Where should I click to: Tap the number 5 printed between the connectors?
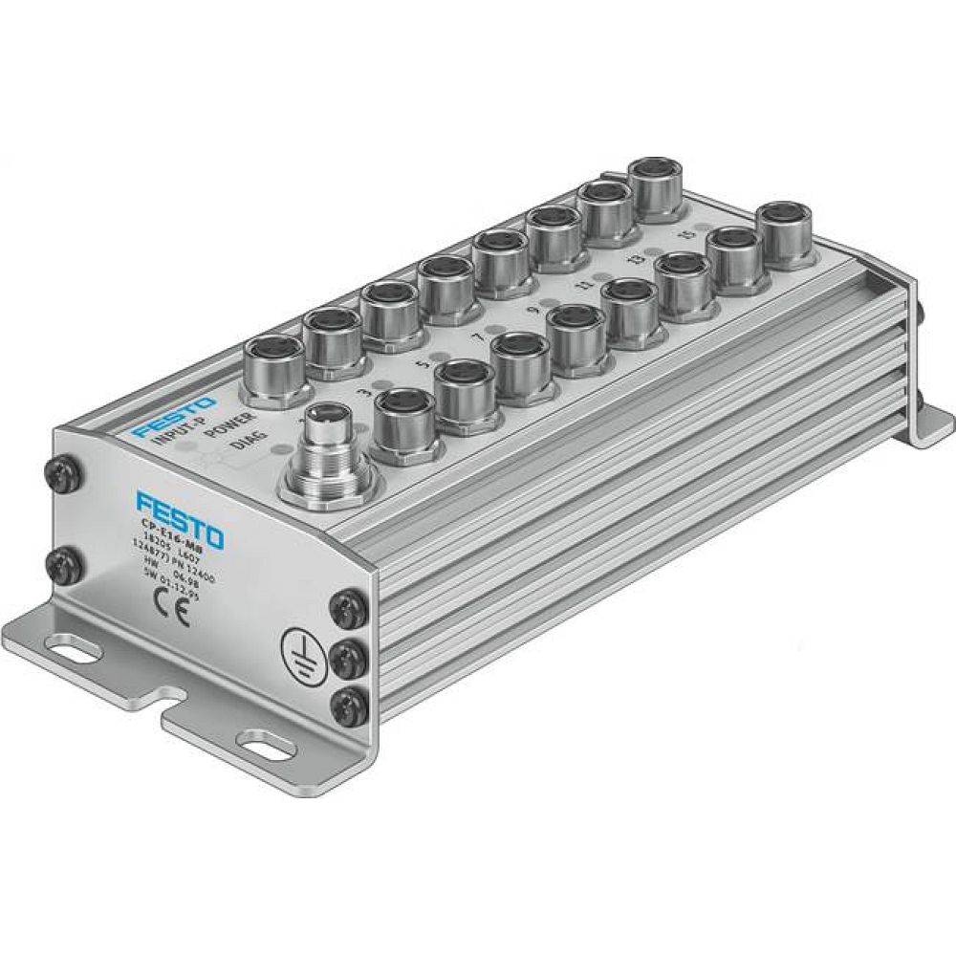coord(419,363)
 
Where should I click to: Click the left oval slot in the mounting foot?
coord(74,654)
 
